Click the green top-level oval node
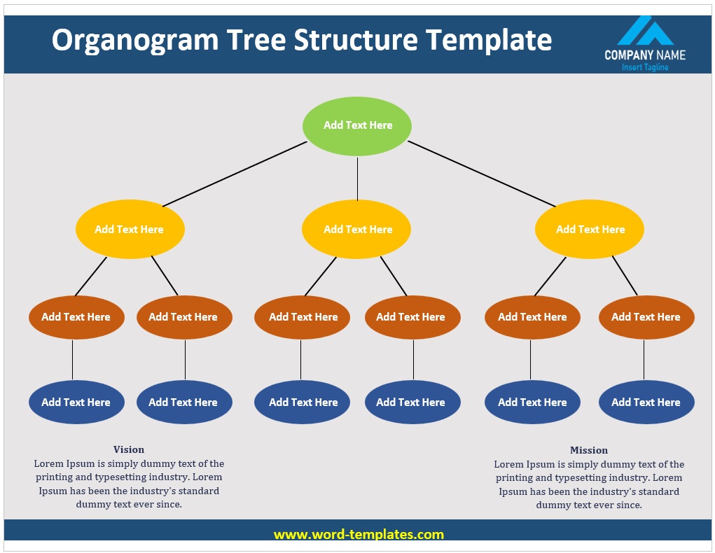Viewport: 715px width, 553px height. (x=357, y=126)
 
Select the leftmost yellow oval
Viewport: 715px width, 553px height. (x=130, y=230)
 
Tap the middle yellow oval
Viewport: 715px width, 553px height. (x=357, y=230)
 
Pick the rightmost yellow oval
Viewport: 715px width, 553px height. (x=590, y=230)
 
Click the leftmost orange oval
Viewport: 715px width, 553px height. (x=76, y=317)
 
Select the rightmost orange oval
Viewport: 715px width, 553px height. (x=646, y=317)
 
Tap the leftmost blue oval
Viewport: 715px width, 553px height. (x=76, y=402)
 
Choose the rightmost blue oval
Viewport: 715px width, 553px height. (x=646, y=402)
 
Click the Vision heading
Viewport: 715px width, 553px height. (x=129, y=449)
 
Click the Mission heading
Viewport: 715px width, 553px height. (x=589, y=450)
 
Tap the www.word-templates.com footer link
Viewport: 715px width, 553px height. (x=359, y=535)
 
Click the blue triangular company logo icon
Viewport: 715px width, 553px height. (x=645, y=31)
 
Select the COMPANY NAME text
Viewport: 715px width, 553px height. (x=645, y=55)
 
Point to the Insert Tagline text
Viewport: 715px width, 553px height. (x=645, y=67)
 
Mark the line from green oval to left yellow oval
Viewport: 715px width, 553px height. (x=235, y=174)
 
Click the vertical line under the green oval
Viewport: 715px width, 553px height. (x=357, y=178)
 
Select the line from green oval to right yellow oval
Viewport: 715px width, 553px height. (x=482, y=174)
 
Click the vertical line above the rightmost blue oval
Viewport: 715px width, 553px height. (x=644, y=360)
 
